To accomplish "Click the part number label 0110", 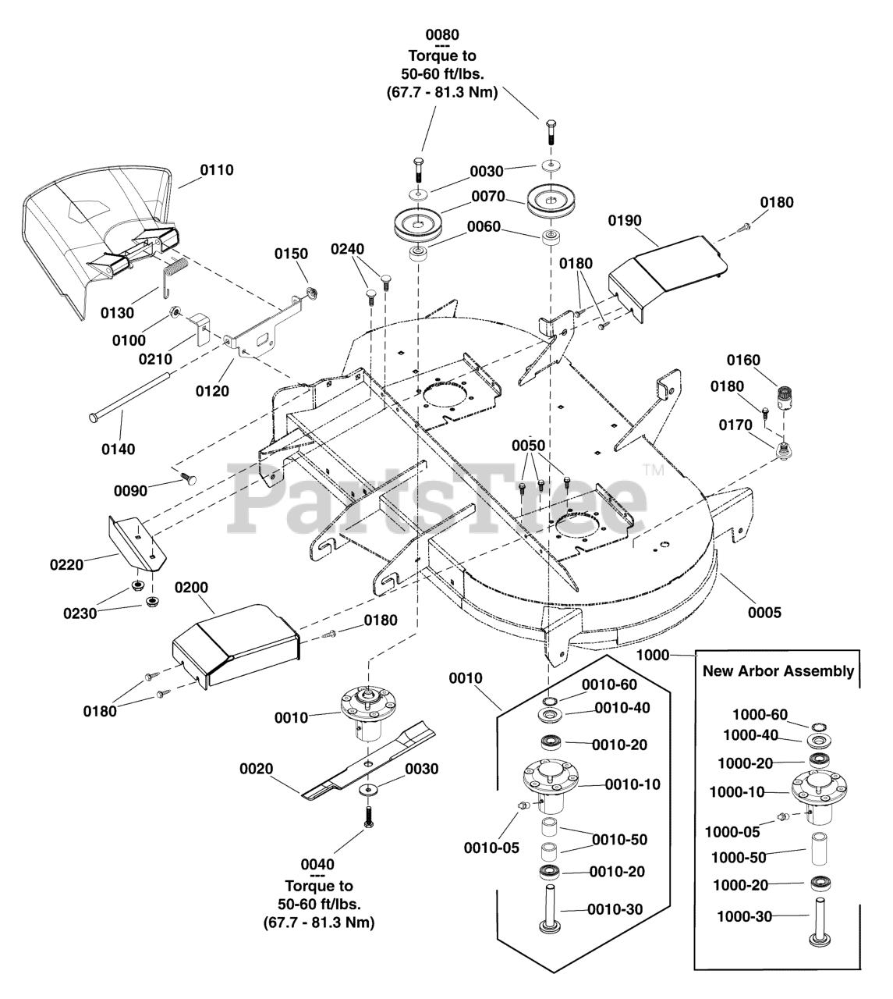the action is [216, 170].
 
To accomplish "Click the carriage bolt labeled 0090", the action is [189, 478].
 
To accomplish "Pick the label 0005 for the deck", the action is [764, 613].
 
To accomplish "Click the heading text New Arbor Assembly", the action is [778, 671].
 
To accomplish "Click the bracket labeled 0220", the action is [137, 542].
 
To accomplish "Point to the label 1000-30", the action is [744, 916].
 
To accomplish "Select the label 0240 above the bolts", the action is [347, 249].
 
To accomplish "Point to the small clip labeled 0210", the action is [200, 329].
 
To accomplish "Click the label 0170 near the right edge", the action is [735, 425].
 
